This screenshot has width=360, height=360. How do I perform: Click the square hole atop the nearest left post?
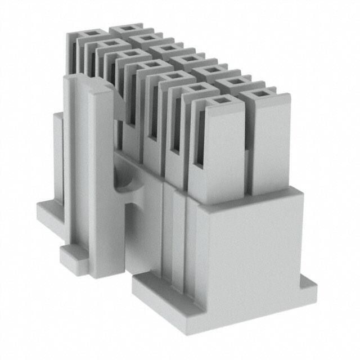[x=218, y=101]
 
